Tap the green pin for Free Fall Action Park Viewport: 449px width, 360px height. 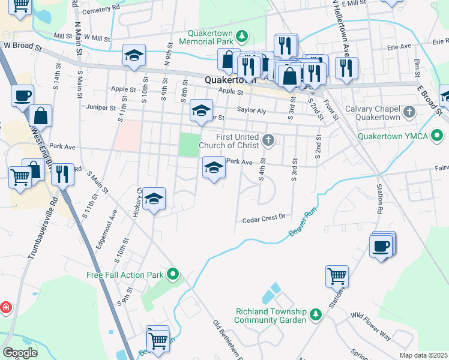tap(173, 275)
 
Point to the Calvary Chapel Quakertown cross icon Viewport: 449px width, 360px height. tap(409, 112)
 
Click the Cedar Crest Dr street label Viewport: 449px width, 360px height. tap(263, 220)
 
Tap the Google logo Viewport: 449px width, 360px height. tap(20, 353)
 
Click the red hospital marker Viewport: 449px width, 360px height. tap(5, 307)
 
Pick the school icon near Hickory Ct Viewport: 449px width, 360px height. tap(154, 199)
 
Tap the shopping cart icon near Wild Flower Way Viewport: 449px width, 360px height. tap(337, 276)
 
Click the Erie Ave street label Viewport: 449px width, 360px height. tap(399, 46)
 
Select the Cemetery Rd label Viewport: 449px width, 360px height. tap(102, 11)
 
